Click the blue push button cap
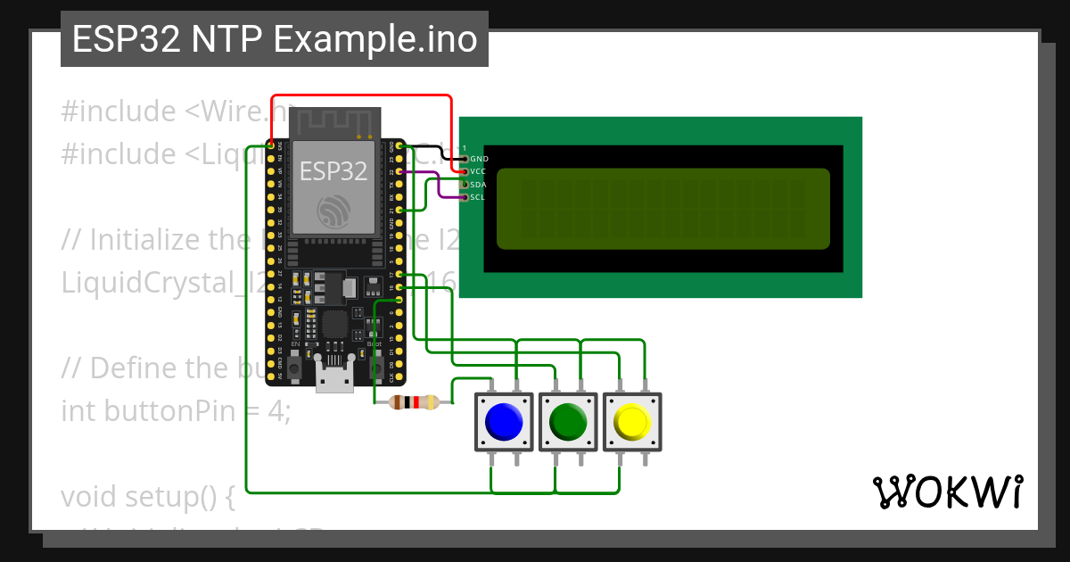pyautogui.click(x=503, y=421)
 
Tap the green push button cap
pyautogui.click(x=567, y=421)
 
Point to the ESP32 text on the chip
pyautogui.click(x=333, y=170)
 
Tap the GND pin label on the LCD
pyautogui.click(x=479, y=159)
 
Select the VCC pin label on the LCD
pyautogui.click(x=479, y=171)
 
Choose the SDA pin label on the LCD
pyautogui.click(x=479, y=185)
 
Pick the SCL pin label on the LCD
pyautogui.click(x=479, y=197)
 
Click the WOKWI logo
pyautogui.click(x=947, y=492)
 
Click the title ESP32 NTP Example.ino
pyautogui.click(x=274, y=39)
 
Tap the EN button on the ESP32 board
pyautogui.click(x=295, y=366)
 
